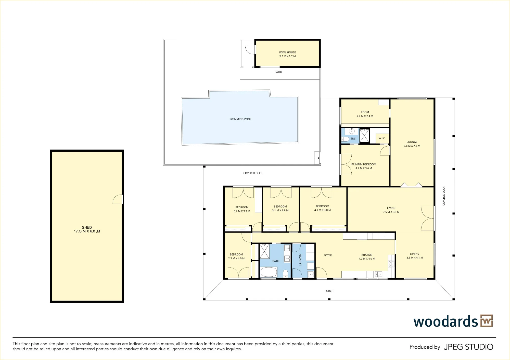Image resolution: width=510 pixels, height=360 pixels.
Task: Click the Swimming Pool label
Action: (240, 119)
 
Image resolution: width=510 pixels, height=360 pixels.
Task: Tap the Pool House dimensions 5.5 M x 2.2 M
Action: (287, 56)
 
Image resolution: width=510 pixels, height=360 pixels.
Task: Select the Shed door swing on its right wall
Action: (118, 199)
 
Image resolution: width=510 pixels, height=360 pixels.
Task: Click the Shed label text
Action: (87, 227)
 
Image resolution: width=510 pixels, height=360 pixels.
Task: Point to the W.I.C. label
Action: (382, 138)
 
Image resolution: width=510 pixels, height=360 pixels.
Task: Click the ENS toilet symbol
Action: (345, 139)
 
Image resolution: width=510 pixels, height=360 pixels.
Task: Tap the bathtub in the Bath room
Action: (269, 272)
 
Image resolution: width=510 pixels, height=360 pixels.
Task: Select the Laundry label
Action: (300, 260)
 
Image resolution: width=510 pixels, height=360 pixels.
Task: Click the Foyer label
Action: (328, 255)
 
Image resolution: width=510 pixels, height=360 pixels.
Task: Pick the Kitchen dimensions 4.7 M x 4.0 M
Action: (367, 259)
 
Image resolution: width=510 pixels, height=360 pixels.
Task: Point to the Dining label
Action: (415, 254)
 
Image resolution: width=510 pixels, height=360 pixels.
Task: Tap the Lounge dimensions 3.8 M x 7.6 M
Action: (412, 146)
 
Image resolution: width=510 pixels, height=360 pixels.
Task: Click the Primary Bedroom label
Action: (364, 164)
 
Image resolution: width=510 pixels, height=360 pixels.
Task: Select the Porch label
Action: (329, 291)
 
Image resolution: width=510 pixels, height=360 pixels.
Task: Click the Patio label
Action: (278, 72)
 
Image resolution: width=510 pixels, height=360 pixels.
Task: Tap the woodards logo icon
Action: (487, 321)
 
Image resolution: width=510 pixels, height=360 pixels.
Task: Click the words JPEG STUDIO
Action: (468, 347)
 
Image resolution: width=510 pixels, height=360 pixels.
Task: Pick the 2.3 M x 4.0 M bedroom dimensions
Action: (236, 259)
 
